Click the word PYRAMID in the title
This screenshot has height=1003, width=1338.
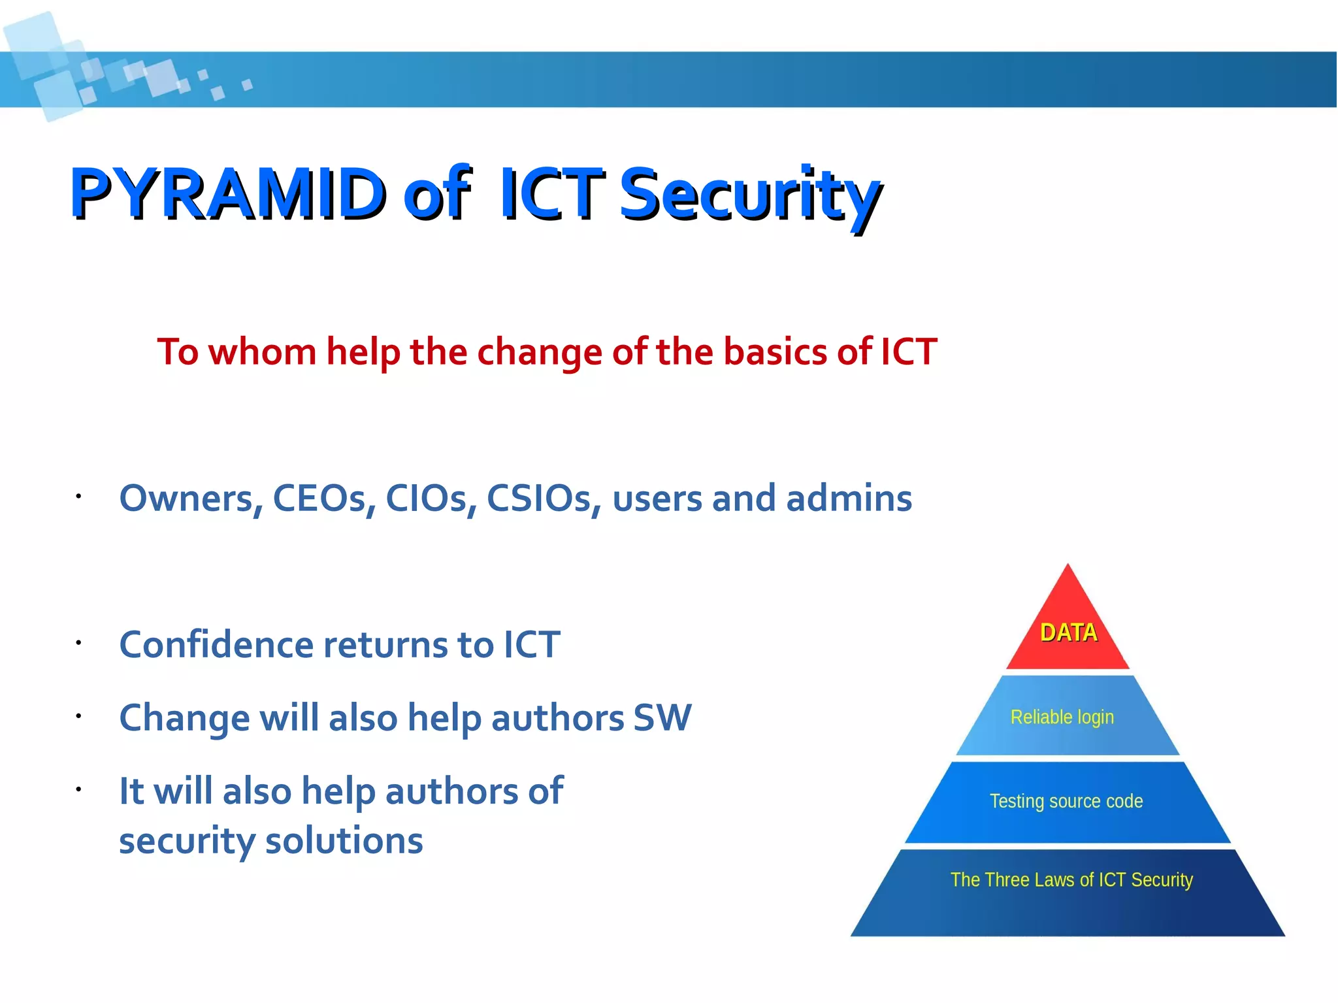[x=229, y=193]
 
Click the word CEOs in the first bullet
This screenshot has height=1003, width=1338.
[x=323, y=499]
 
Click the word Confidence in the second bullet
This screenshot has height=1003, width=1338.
[x=216, y=645]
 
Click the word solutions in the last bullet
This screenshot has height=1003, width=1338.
[x=344, y=841]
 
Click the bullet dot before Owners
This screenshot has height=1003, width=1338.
[x=78, y=497]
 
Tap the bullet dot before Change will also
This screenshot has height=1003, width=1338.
[x=78, y=716]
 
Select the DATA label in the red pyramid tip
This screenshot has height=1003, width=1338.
[x=1068, y=633]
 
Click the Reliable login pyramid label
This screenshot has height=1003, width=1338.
[x=1062, y=717]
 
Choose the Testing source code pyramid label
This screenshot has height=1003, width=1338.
[x=1066, y=801]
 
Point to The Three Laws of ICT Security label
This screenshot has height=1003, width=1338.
[x=1071, y=880]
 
